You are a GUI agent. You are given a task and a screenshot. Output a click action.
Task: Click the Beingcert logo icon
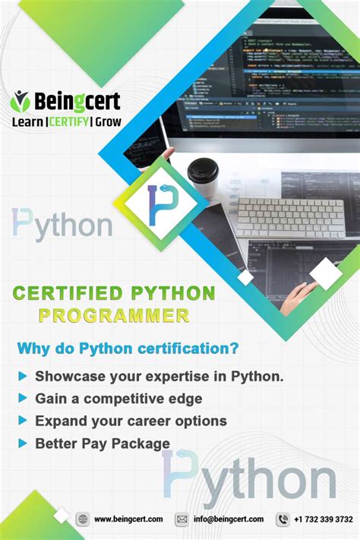21,100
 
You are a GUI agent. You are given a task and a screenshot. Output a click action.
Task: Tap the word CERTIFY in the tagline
69,121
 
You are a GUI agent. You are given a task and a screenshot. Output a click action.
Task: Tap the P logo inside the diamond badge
160,204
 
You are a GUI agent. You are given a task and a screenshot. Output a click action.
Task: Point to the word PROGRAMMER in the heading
113,314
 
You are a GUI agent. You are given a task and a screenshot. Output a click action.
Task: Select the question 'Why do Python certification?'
128,349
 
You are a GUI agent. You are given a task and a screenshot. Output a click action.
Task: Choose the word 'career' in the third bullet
150,421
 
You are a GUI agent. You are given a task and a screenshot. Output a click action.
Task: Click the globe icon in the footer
82,519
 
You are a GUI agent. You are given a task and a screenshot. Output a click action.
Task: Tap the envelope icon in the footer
182,519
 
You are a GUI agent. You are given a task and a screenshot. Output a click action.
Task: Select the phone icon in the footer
283,519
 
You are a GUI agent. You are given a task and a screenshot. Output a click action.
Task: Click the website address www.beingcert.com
128,519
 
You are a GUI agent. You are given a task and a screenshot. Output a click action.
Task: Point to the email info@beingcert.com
229,519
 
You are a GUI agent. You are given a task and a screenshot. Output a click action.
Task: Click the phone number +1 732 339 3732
324,519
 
